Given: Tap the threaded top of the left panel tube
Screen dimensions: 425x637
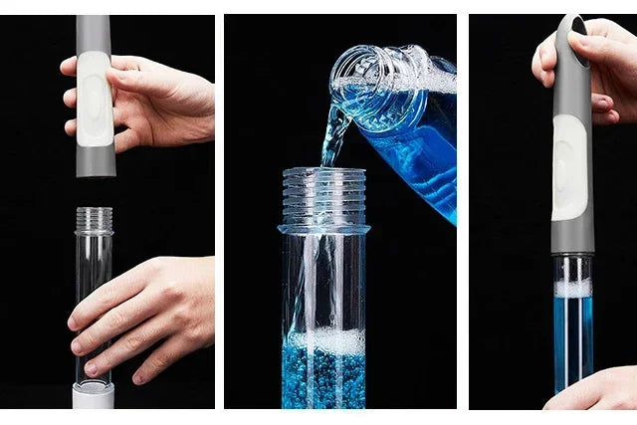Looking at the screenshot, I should point(95,219).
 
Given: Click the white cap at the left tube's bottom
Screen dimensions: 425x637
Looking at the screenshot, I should point(94,396).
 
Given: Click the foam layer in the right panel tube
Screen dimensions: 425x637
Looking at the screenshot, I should point(572,289).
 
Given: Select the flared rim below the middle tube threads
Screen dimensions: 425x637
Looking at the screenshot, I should point(323,229).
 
